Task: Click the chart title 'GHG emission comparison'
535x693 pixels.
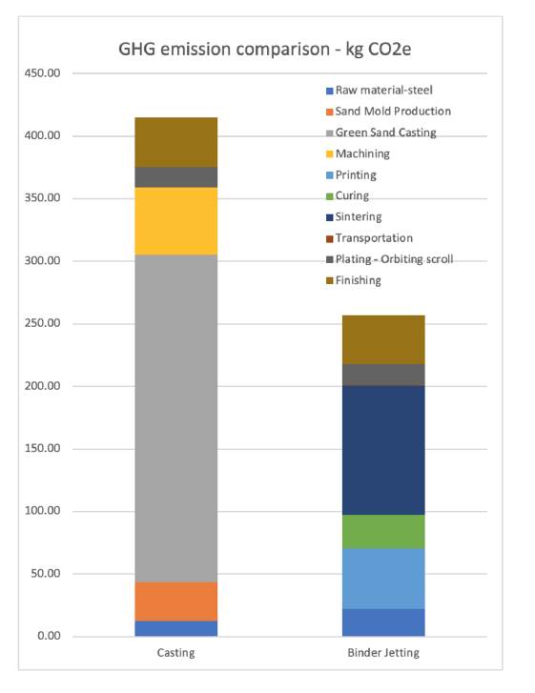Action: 224,49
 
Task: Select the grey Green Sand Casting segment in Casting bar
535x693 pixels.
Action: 176,418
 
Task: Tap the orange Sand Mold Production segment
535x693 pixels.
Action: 176,601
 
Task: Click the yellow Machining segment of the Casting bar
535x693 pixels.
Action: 176,221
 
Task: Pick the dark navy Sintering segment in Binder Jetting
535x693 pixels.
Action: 383,450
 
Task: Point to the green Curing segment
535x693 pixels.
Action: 383,532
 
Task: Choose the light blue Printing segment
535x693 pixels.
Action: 383,579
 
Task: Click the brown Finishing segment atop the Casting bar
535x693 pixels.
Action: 176,142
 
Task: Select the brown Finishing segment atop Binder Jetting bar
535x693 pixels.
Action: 383,340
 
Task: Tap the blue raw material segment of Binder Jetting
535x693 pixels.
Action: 383,622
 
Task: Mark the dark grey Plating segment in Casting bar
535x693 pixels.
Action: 176,177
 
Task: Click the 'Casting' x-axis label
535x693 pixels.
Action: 176,653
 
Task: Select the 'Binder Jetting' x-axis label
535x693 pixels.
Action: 383,653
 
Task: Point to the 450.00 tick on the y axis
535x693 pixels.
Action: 43,73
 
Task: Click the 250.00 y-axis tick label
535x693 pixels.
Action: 43,323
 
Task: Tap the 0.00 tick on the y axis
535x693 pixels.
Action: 49,636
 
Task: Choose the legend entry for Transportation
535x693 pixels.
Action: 369,238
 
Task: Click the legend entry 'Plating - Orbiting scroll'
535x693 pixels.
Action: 389,259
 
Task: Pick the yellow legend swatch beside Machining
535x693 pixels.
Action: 329,154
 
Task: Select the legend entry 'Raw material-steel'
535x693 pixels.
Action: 380,91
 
